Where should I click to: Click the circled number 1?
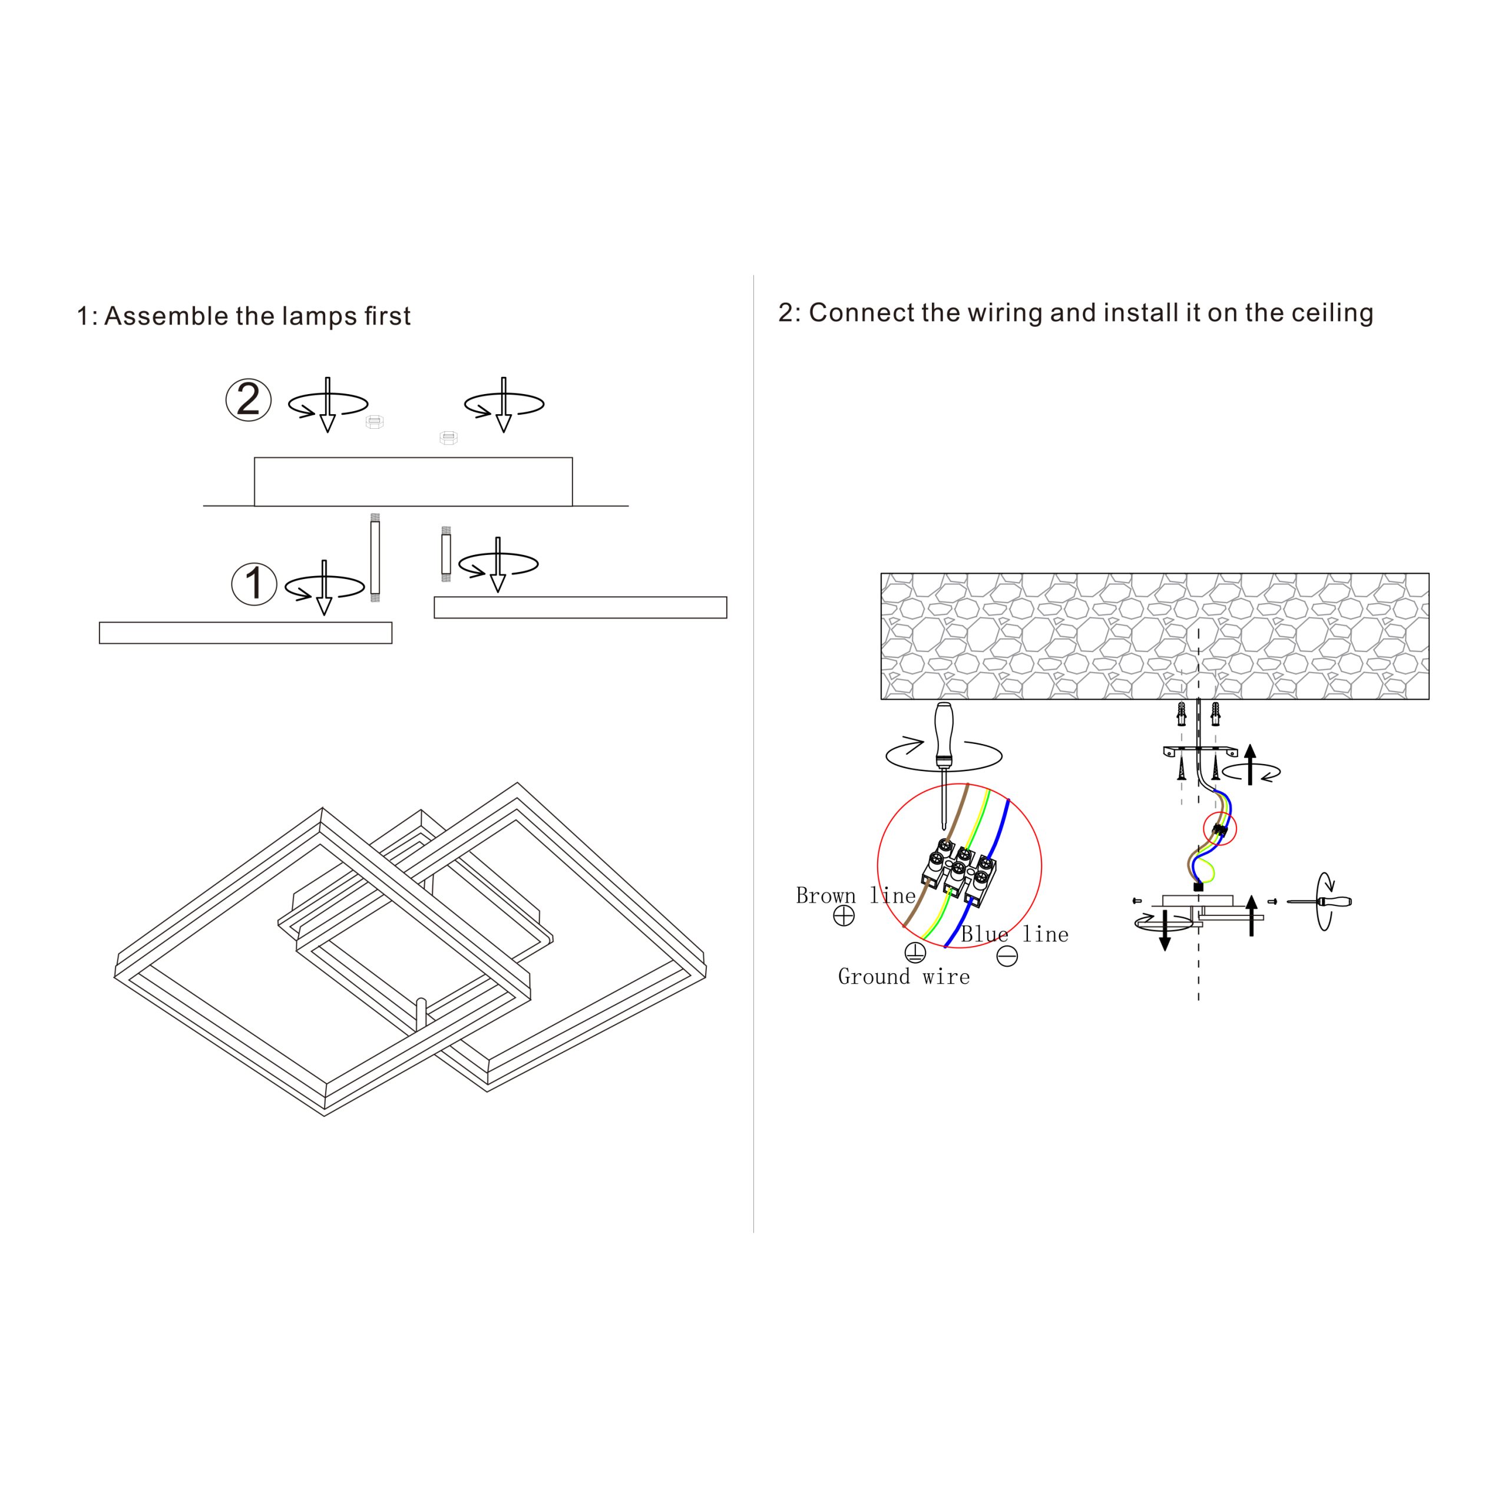point(254,584)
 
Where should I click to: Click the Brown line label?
point(855,895)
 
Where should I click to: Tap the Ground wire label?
point(904,977)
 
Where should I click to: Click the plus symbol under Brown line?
point(844,915)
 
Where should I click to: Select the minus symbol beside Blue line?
point(1008,956)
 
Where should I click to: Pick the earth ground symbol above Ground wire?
point(915,951)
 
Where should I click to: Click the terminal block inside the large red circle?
point(959,872)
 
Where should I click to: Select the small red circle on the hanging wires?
point(1220,828)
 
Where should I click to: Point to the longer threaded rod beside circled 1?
point(375,557)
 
